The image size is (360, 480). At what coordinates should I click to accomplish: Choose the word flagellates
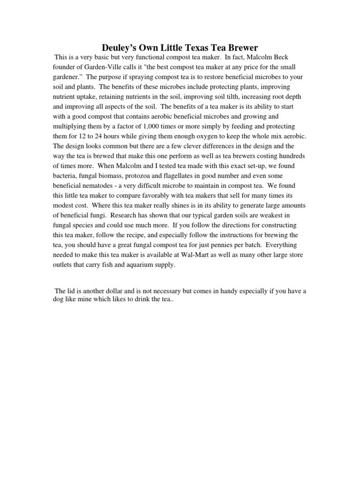tap(182, 176)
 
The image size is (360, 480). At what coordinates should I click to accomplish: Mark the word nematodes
tap(99, 186)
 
